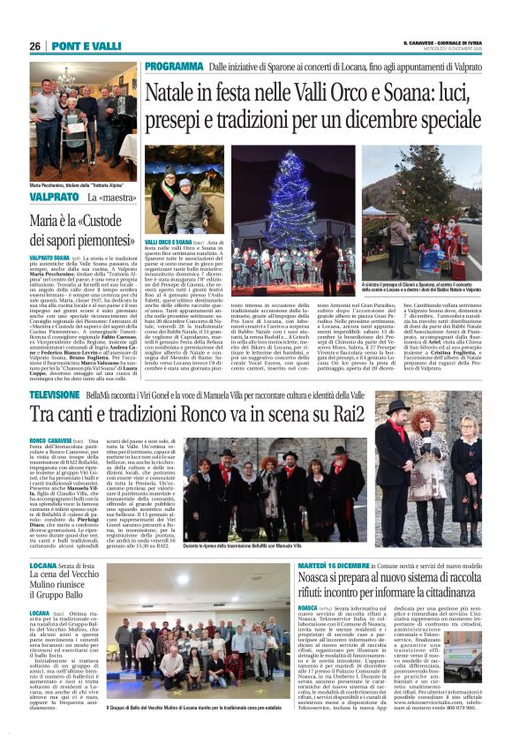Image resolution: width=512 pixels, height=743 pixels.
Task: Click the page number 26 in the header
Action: pyautogui.click(x=35, y=46)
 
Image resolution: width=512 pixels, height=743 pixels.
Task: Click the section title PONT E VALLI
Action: pyautogui.click(x=87, y=46)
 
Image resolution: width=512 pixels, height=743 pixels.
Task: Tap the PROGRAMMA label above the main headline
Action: pyautogui.click(x=175, y=67)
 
